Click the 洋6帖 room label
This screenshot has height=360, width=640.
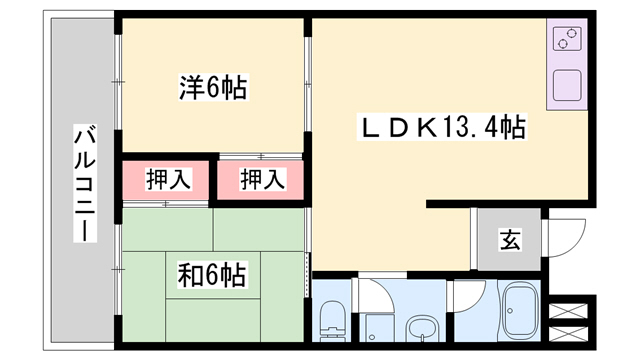[211, 89]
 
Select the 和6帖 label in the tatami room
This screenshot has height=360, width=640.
[211, 272]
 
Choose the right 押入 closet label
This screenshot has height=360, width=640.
[263, 180]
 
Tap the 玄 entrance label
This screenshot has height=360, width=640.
[509, 241]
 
